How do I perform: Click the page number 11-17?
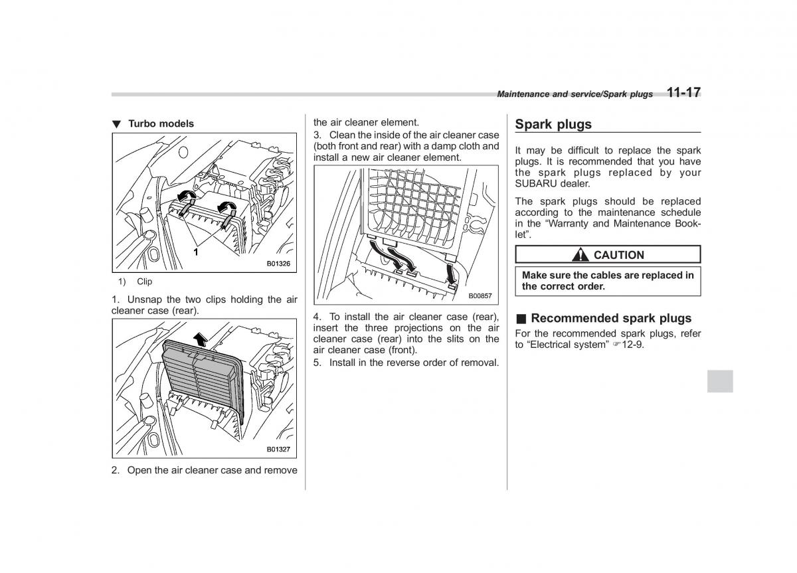(x=683, y=92)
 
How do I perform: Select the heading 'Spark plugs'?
(x=553, y=124)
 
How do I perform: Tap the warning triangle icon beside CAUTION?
(x=582, y=255)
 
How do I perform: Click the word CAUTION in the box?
(x=618, y=255)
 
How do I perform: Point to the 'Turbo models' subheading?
(x=161, y=123)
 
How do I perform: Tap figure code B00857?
(x=480, y=295)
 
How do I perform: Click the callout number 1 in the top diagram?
(x=196, y=252)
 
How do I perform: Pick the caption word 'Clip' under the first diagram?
(x=145, y=282)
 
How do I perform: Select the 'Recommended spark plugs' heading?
(x=611, y=318)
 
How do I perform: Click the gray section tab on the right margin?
(x=720, y=380)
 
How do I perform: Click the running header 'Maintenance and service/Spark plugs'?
(x=575, y=94)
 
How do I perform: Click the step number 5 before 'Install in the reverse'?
(x=317, y=363)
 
